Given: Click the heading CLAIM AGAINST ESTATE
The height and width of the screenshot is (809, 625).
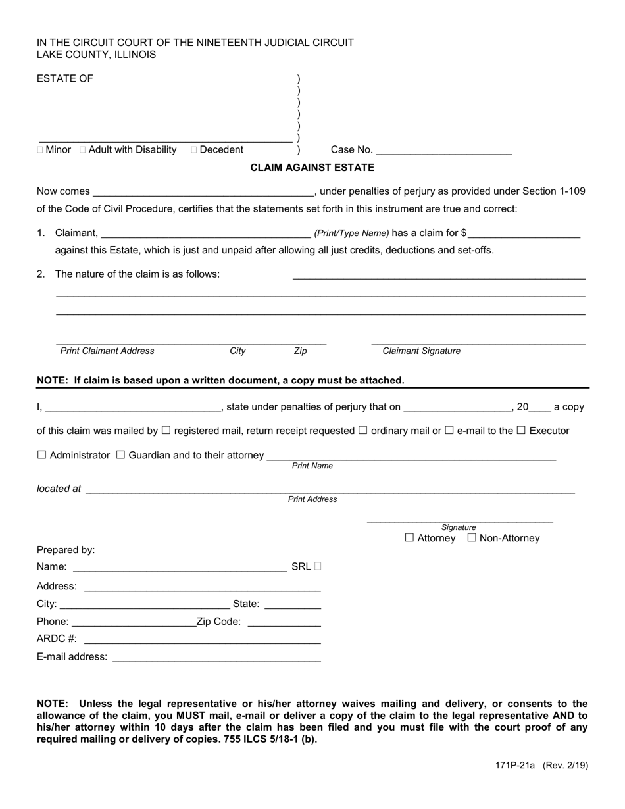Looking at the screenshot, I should click(312, 168).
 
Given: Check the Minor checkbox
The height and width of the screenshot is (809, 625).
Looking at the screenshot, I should click(41, 150).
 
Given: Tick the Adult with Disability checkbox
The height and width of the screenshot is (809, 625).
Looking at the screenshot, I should click(83, 150).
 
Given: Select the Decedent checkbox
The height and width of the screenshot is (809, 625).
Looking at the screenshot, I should click(194, 150).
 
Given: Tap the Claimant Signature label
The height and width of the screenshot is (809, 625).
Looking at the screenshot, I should click(421, 351).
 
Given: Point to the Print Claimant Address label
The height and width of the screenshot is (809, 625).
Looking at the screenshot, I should click(107, 351).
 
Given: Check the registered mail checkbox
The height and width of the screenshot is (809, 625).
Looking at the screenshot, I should click(166, 431).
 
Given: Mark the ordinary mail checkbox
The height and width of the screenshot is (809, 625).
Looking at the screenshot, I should click(362, 431).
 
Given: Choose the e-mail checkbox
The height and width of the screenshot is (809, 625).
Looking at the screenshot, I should click(449, 431).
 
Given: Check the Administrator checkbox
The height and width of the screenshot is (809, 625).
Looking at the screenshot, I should click(42, 455).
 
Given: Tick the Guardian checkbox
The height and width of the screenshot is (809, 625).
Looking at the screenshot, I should click(120, 455).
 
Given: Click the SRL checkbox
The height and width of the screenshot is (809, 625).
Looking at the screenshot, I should click(318, 566).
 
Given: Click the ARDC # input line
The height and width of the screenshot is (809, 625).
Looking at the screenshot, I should click(202, 639).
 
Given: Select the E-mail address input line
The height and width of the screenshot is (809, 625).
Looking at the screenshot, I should click(216, 657).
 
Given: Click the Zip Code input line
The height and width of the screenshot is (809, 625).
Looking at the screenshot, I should click(284, 622).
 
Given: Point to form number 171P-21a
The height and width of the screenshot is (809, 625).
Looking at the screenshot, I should click(516, 766).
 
